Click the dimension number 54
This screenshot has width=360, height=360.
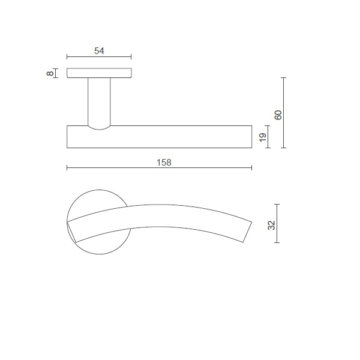click(x=100, y=51)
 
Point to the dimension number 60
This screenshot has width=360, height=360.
click(x=277, y=115)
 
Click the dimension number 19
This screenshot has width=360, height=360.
click(x=262, y=138)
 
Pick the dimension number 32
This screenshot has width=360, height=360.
click(x=271, y=226)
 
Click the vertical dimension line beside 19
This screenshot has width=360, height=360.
click(x=268, y=137)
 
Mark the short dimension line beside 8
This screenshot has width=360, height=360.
click(x=55, y=73)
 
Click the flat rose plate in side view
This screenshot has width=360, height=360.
click(x=100, y=73)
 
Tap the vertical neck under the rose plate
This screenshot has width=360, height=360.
click(x=100, y=101)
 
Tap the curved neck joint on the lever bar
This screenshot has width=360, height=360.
click(x=100, y=128)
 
